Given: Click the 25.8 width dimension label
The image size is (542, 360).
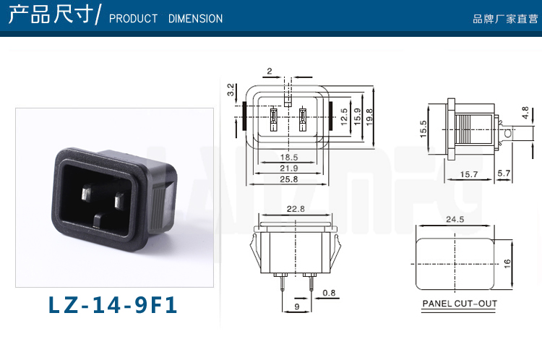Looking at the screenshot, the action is (x=288, y=179).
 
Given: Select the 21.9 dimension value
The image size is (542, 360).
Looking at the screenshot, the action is (x=288, y=168).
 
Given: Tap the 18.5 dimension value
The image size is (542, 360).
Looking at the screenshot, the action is (x=288, y=158).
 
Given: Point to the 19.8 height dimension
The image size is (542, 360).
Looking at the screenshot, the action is (x=369, y=117).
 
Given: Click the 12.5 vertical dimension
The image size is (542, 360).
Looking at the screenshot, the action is (x=343, y=116).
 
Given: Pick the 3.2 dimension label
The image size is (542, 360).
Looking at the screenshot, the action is (x=231, y=90).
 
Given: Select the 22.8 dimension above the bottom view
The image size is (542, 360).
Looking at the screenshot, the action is (x=296, y=209).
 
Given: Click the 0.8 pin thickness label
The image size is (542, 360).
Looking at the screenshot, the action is (x=329, y=293).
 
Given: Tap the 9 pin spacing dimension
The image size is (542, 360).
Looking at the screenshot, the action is (x=297, y=307).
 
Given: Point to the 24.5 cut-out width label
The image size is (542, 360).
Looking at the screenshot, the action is (x=455, y=219).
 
